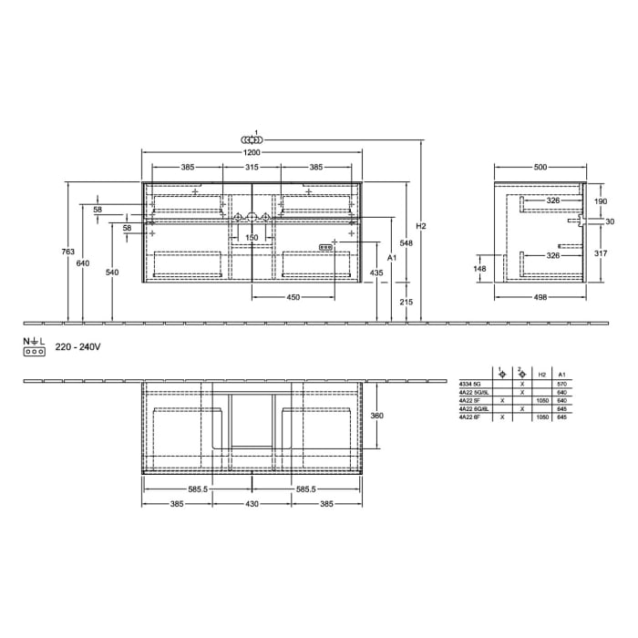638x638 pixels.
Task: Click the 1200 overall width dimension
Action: tap(252, 155)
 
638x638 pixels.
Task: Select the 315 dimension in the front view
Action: tap(252, 168)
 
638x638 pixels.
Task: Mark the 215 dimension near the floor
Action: tap(406, 301)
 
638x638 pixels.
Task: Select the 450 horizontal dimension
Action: tap(294, 297)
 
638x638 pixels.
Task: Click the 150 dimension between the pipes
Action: tap(252, 238)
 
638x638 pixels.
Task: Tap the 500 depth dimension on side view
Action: tap(540, 168)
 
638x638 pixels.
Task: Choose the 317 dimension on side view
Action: tap(600, 254)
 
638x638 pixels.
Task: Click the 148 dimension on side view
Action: tap(480, 269)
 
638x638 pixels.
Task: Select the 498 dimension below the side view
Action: tap(540, 297)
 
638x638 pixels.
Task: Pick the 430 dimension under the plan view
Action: tap(252, 503)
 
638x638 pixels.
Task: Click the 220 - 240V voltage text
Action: tap(77, 347)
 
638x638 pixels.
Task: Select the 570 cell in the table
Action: tap(562, 386)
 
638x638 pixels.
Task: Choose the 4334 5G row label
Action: tap(470, 386)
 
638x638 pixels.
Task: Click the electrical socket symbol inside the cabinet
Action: tap(326, 248)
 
